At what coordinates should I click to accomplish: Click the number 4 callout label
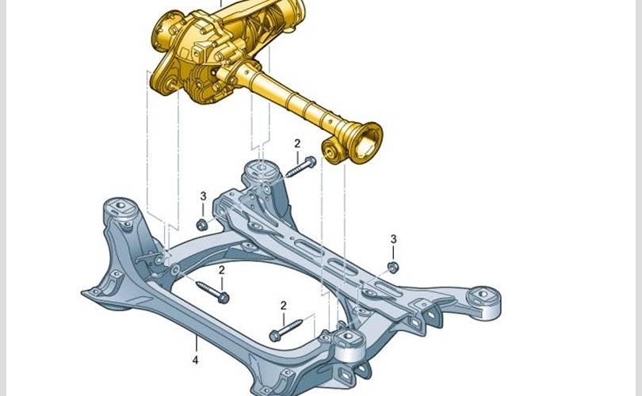(x=195, y=360)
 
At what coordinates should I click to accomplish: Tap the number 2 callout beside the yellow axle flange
(x=297, y=143)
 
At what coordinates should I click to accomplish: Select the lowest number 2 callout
(x=283, y=306)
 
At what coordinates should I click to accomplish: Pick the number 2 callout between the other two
(x=222, y=270)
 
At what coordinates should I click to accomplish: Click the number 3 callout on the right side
(x=393, y=239)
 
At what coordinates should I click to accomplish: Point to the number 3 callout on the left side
(x=203, y=196)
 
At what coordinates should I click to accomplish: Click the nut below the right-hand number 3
(x=393, y=267)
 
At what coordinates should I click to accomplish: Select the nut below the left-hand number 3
(x=201, y=224)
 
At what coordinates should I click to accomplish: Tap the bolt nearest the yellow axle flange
(x=301, y=166)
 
